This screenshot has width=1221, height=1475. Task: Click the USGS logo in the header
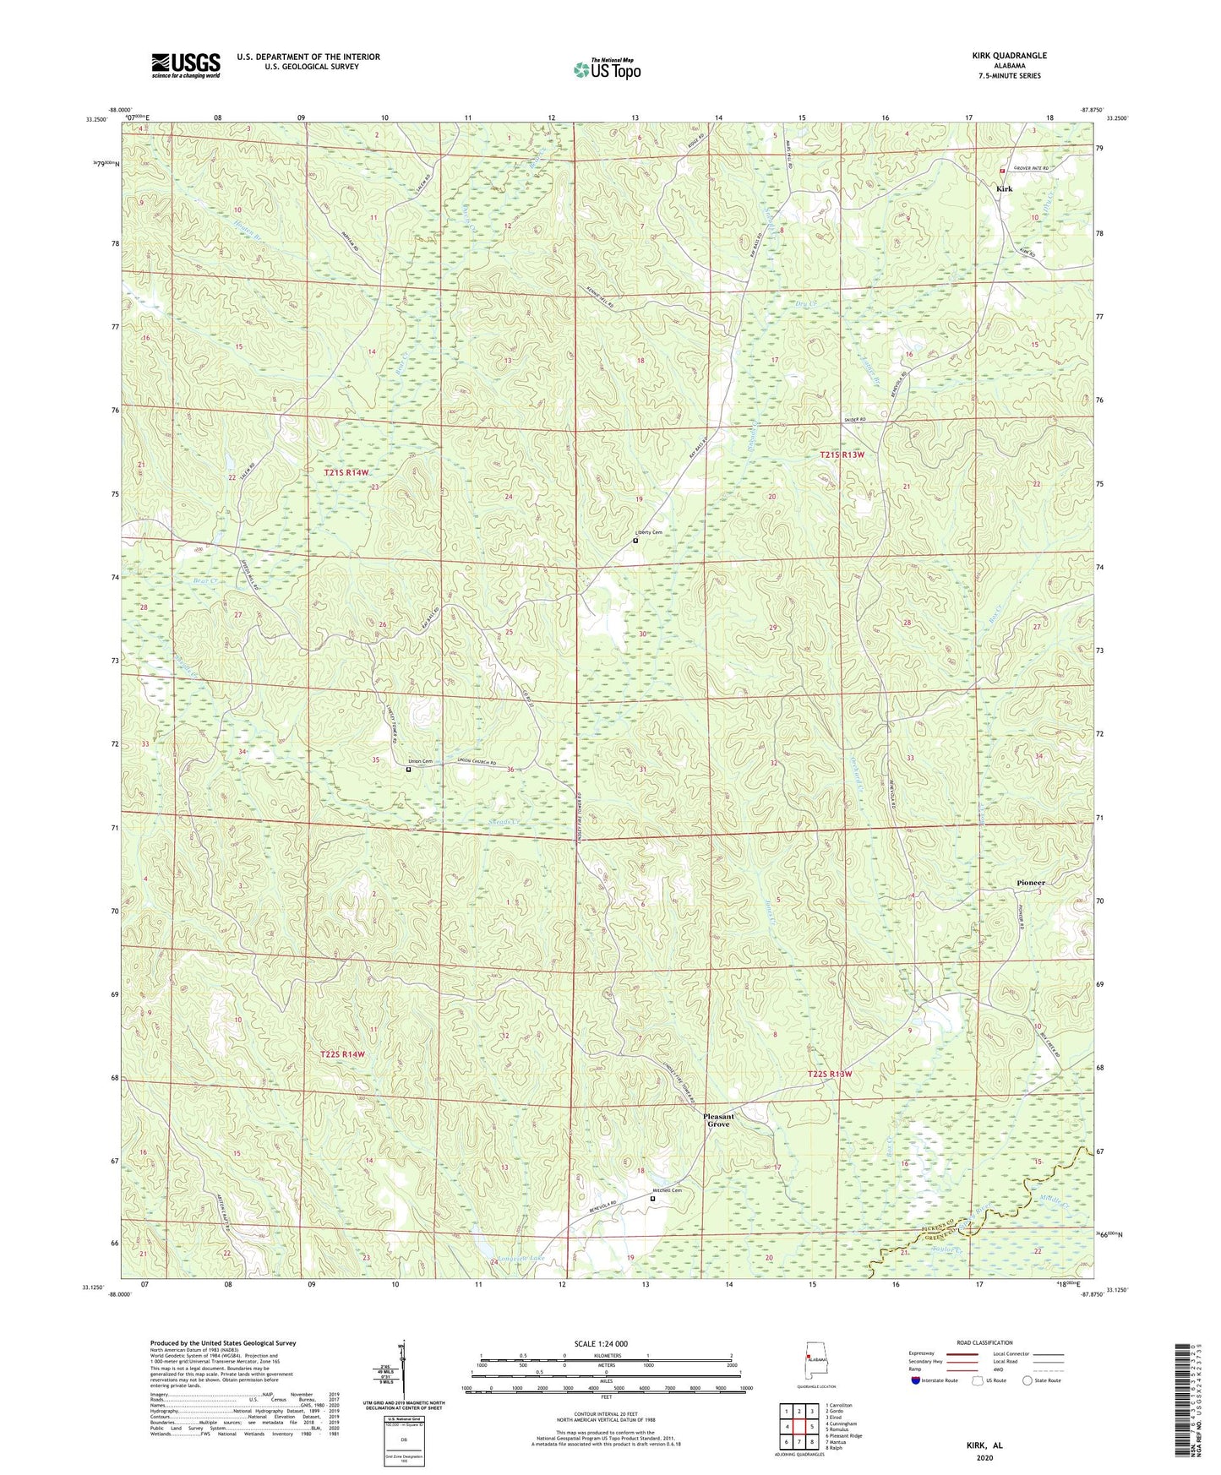(x=186, y=65)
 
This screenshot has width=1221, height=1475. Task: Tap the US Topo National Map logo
(x=607, y=69)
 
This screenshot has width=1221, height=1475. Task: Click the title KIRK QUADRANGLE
(x=1008, y=56)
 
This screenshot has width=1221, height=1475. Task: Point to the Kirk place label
(x=1004, y=188)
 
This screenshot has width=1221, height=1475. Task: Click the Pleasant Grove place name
(x=719, y=1120)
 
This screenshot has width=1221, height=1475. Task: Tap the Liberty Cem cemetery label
(x=649, y=532)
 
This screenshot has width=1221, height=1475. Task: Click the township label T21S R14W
(x=346, y=472)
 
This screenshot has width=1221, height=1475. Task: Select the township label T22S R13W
(x=830, y=1074)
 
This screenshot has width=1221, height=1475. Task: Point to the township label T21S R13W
(x=842, y=454)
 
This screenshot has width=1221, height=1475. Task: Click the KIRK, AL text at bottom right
(x=984, y=1445)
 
